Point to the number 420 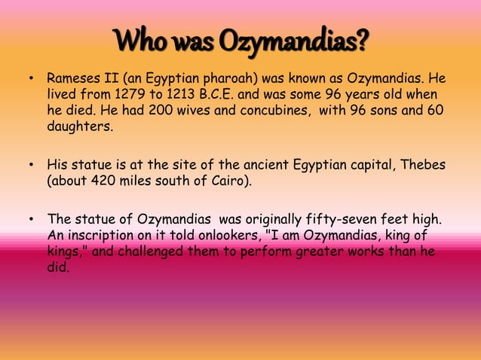click(105, 181)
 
